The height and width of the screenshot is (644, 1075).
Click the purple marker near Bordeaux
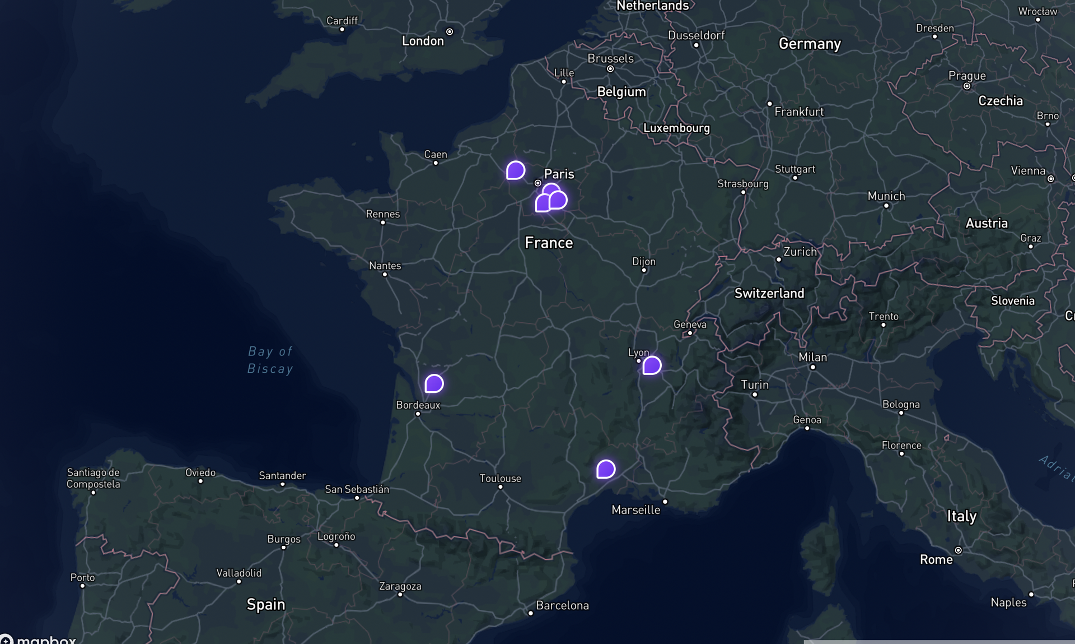[434, 383]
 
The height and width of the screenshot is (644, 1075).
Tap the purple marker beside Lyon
[652, 365]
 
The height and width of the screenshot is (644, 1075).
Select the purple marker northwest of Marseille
[606, 469]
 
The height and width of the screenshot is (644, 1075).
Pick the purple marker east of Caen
[516, 170]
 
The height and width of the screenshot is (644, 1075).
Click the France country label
[549, 243]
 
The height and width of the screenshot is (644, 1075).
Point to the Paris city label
[559, 174]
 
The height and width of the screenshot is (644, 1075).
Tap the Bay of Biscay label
[270, 360]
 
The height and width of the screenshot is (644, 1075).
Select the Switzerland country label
[769, 293]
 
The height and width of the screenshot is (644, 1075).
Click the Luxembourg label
[676, 128]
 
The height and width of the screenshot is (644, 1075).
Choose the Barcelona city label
[562, 605]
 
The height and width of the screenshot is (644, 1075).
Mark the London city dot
[450, 32]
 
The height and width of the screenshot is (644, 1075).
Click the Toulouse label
[500, 478]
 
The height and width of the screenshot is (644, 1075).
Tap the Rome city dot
[958, 550]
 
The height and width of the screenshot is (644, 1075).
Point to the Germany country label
[810, 44]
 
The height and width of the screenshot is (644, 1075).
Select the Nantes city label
[385, 266]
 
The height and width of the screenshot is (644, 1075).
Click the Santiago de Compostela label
[93, 478]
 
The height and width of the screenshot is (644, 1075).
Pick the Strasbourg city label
[743, 184]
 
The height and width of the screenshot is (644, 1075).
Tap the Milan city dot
[812, 367]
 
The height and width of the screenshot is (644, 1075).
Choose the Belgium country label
[621, 91]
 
